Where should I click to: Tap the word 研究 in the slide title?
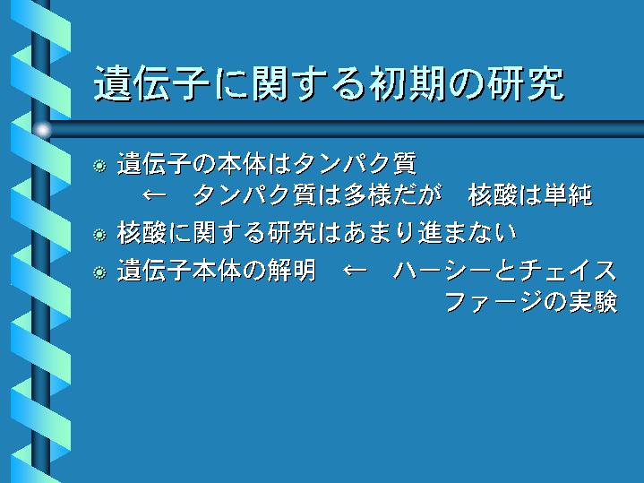tap(527, 83)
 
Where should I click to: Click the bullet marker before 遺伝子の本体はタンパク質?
tap(99, 166)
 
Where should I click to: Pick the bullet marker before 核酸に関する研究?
tap(99, 235)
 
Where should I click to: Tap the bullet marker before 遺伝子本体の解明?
tap(99, 272)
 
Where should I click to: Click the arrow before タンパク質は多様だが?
tap(155, 194)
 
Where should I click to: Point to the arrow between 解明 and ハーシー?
tap(355, 271)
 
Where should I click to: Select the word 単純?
tap(569, 194)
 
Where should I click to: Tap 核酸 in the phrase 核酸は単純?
tap(493, 194)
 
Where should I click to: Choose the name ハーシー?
tap(442, 271)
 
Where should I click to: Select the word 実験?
tap(593, 302)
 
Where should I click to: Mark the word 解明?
tap(292, 271)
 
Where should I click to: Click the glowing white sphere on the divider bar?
tap(42, 130)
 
